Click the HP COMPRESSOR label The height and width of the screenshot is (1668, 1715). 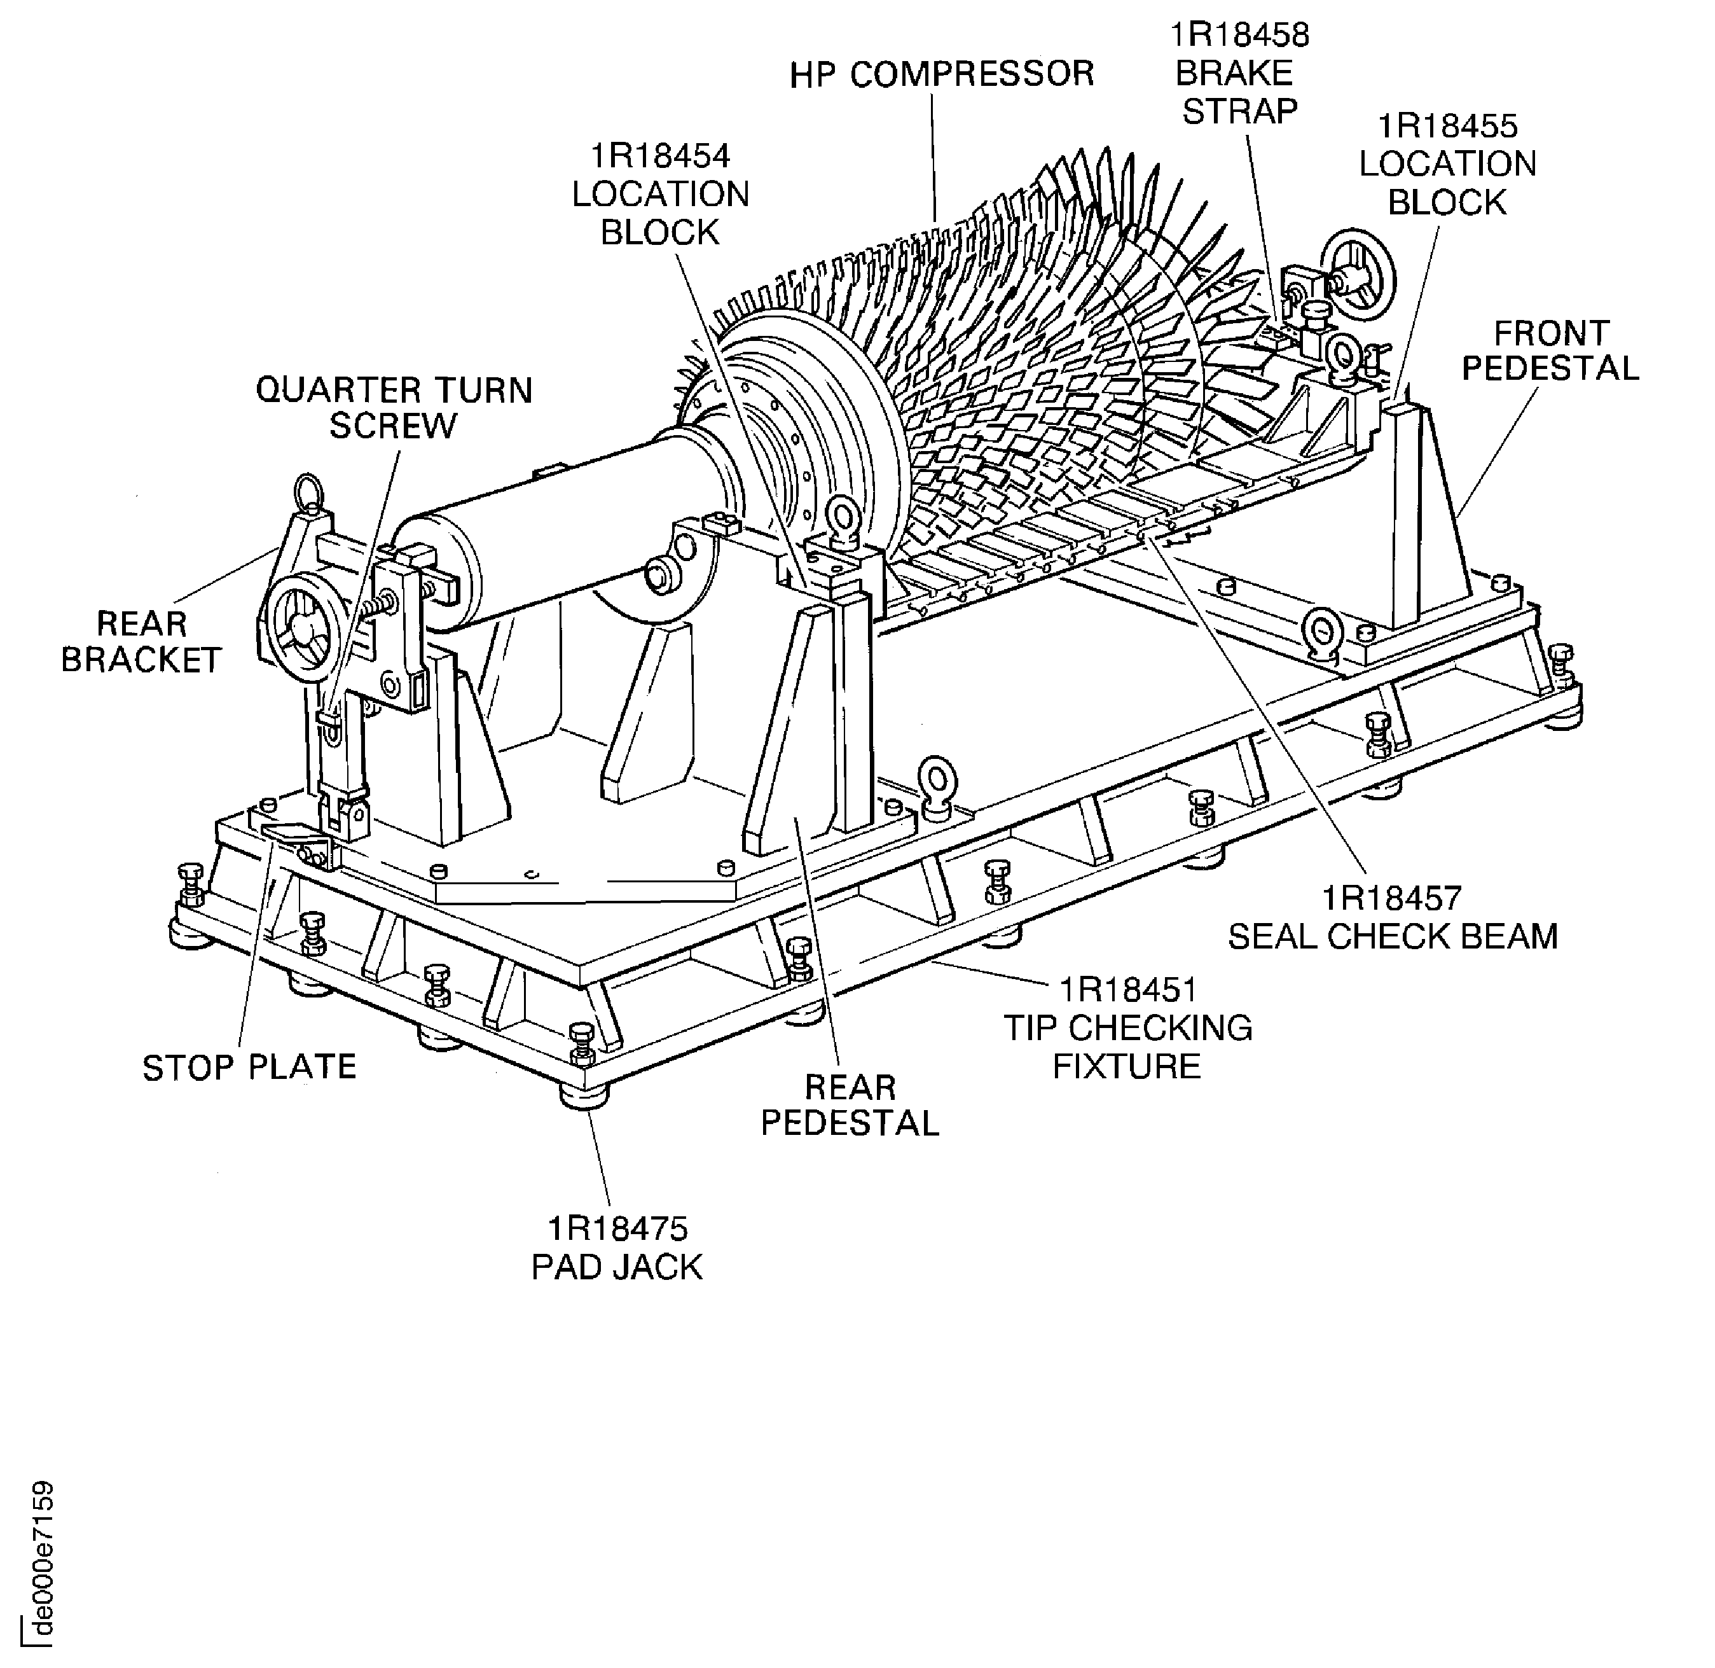click(942, 74)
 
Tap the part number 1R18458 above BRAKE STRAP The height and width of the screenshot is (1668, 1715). click(1239, 35)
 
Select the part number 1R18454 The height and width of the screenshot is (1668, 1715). click(661, 156)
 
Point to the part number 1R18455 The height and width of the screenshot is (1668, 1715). click(1447, 126)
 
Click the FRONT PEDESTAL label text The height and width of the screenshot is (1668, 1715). click(1550, 351)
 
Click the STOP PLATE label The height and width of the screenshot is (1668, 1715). click(250, 1067)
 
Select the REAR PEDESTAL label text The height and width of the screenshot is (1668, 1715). click(850, 1106)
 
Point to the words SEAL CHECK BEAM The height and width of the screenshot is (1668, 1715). click(1393, 936)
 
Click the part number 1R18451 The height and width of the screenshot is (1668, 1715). click(1127, 990)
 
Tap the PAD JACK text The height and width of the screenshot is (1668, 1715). click(617, 1268)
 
